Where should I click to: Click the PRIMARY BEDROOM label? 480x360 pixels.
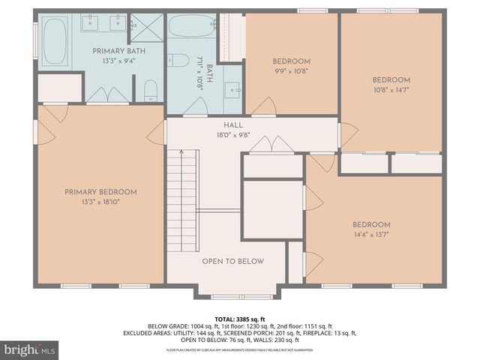click(x=100, y=192)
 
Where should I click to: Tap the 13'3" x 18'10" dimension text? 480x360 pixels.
click(x=100, y=202)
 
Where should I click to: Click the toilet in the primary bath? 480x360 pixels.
click(x=150, y=91)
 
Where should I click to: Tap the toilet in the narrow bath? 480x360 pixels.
click(x=178, y=61)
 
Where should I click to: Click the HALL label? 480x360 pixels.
click(x=232, y=125)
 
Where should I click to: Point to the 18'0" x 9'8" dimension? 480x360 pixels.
click(x=232, y=136)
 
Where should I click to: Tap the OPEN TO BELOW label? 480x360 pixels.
click(x=232, y=262)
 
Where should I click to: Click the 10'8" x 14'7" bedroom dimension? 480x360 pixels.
click(x=391, y=90)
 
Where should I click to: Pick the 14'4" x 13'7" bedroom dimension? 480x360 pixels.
click(x=372, y=235)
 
